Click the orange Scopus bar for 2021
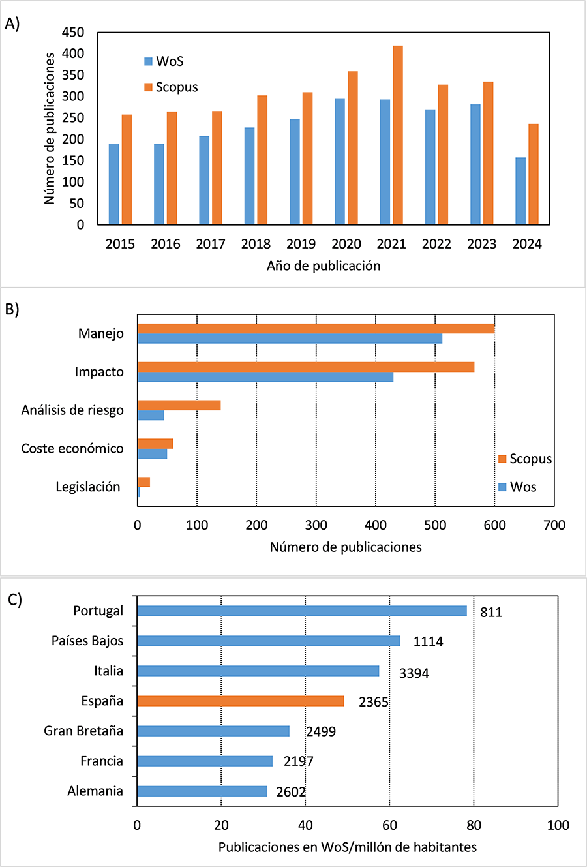398,136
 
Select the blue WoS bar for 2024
520,191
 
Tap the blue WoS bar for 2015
114,185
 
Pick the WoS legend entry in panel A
164,62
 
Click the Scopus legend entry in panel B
524,459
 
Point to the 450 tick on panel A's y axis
73,33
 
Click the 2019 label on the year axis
301,244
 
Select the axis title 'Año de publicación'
324,266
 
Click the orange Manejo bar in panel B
316,328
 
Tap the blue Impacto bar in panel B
265,377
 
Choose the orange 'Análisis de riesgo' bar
179,405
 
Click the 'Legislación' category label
88,487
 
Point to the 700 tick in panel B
554,525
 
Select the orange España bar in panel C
241,701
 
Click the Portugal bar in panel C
302,611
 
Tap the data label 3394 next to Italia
414,673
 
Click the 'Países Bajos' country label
87,641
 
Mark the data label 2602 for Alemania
291,792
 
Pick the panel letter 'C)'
14,600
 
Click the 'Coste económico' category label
72,449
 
